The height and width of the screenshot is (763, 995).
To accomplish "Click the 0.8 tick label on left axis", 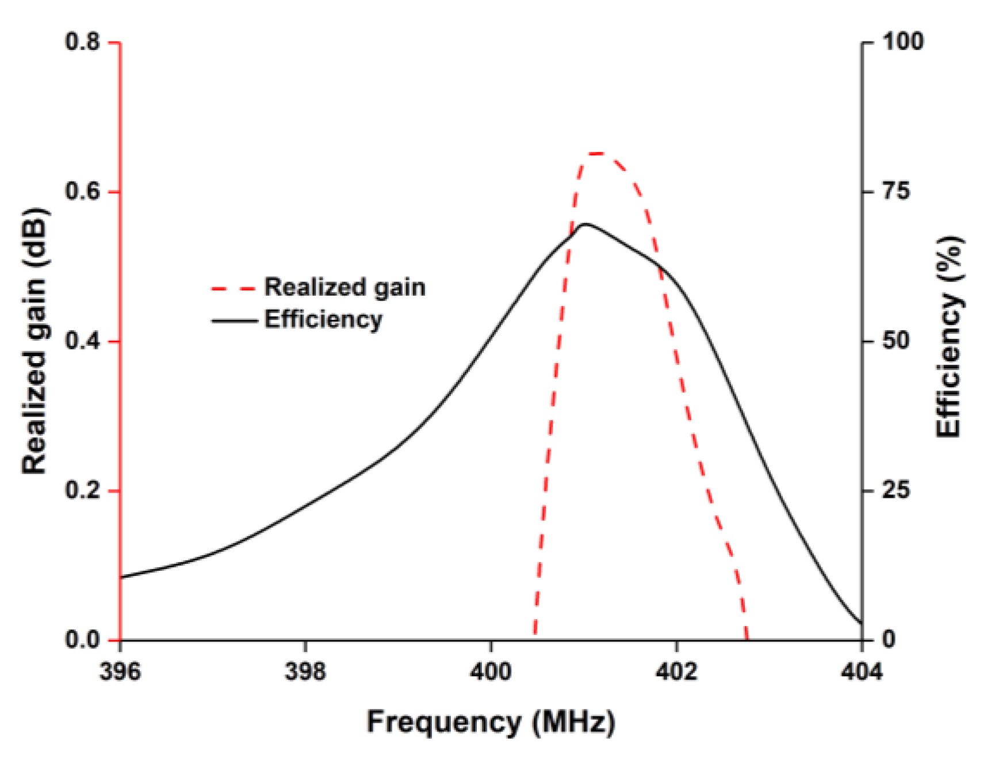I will point(82,41).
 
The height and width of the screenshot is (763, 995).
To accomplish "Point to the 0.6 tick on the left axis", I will point(82,191).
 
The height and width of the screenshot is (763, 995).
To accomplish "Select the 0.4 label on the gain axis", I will point(82,341).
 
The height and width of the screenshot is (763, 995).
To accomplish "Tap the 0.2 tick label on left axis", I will point(82,490).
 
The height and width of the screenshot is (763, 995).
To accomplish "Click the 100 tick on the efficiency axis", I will point(902,41).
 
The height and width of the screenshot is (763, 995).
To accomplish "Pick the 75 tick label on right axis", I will point(896,191).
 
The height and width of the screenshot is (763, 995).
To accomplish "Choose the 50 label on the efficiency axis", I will point(896,341).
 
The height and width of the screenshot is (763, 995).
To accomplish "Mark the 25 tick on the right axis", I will point(896,490).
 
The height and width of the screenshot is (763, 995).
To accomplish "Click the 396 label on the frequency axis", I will point(120,672).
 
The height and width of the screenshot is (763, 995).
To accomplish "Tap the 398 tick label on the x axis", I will point(305,672).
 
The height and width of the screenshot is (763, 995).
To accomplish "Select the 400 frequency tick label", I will point(491,672).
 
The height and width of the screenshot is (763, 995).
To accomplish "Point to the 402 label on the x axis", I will point(676,672).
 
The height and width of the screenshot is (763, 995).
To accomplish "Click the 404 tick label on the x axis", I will point(861,672).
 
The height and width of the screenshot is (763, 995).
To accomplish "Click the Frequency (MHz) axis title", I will point(491,722).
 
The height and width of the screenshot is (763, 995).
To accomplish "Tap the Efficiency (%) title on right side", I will point(949,337).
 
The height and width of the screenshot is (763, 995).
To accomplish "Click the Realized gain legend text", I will point(345,287).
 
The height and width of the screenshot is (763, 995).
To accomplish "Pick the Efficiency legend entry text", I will point(323,319).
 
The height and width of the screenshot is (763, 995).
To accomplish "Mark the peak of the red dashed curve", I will point(598,154).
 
